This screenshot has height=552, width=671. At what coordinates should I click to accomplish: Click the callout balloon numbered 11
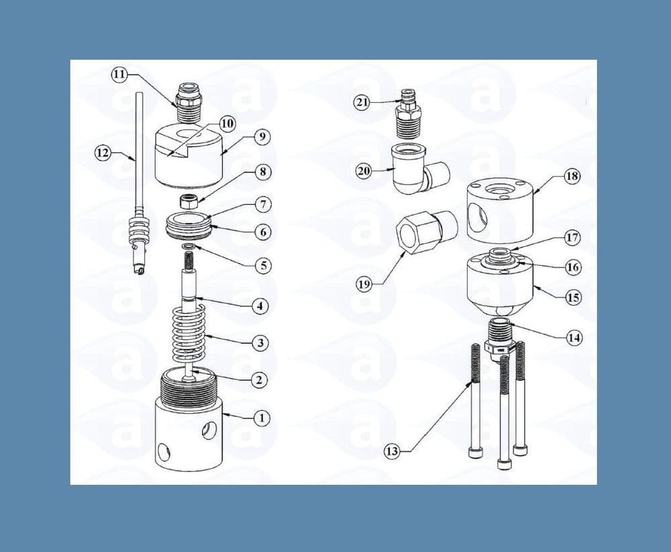point(119,75)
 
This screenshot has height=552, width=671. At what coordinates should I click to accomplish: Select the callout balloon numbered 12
point(103,153)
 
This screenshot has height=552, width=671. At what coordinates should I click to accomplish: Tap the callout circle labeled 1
point(262,418)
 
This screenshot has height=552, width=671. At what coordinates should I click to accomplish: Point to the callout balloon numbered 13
point(392,451)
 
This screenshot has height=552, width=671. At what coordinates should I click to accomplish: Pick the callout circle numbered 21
point(363,101)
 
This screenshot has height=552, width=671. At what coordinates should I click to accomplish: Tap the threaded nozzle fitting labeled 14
point(499,334)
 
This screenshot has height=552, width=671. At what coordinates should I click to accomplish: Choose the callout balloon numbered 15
point(573,297)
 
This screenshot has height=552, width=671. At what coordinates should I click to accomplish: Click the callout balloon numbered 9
point(262,136)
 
